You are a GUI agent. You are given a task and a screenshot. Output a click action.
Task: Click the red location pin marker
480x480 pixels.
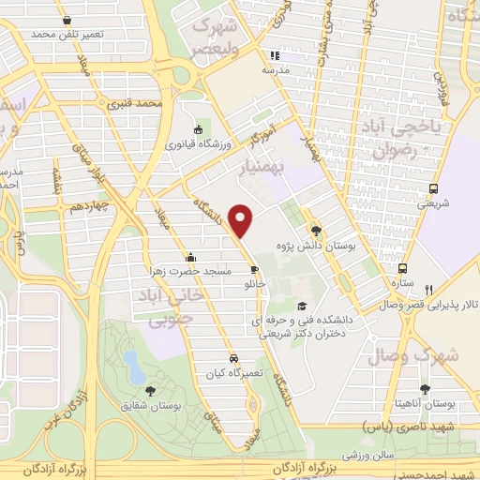[x=243, y=219]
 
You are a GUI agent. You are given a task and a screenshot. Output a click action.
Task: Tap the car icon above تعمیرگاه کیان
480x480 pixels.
[x=232, y=358]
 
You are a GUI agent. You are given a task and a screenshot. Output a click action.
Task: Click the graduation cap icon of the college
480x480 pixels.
[x=301, y=306]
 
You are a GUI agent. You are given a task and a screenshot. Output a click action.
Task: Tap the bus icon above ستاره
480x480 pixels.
[x=402, y=266]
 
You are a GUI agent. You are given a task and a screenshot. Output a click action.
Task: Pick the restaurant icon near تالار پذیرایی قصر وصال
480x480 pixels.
[x=428, y=290]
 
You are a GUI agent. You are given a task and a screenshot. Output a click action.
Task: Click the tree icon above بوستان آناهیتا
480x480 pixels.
[x=426, y=388]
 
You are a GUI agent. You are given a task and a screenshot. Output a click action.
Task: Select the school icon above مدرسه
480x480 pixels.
[x=274, y=55]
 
